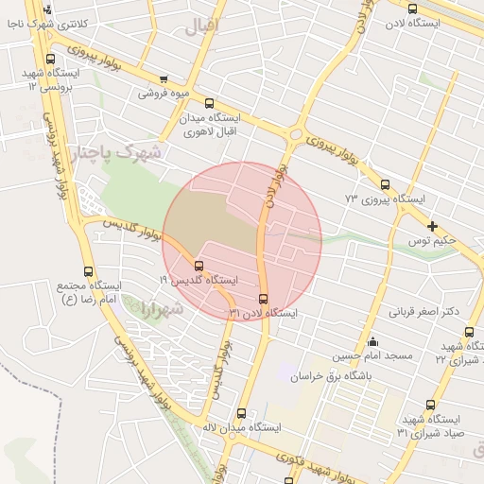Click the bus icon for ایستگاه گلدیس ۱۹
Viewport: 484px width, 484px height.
[x=199, y=266]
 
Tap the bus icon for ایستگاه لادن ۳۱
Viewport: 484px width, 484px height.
[x=263, y=300]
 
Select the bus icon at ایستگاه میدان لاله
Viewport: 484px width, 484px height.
[x=241, y=413]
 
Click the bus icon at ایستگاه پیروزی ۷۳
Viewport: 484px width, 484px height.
[x=385, y=185]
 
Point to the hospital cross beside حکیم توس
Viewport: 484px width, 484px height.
[x=432, y=226]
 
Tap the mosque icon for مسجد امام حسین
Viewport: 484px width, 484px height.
[x=372, y=342]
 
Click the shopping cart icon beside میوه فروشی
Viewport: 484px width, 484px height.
[x=164, y=79]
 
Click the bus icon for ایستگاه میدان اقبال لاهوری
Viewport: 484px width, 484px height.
[x=209, y=104]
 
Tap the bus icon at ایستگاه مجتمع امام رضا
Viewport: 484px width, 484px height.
[x=89, y=271]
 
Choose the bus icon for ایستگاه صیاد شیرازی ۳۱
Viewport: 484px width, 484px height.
[x=431, y=405]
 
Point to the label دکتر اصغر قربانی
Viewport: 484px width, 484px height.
[x=424, y=311]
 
